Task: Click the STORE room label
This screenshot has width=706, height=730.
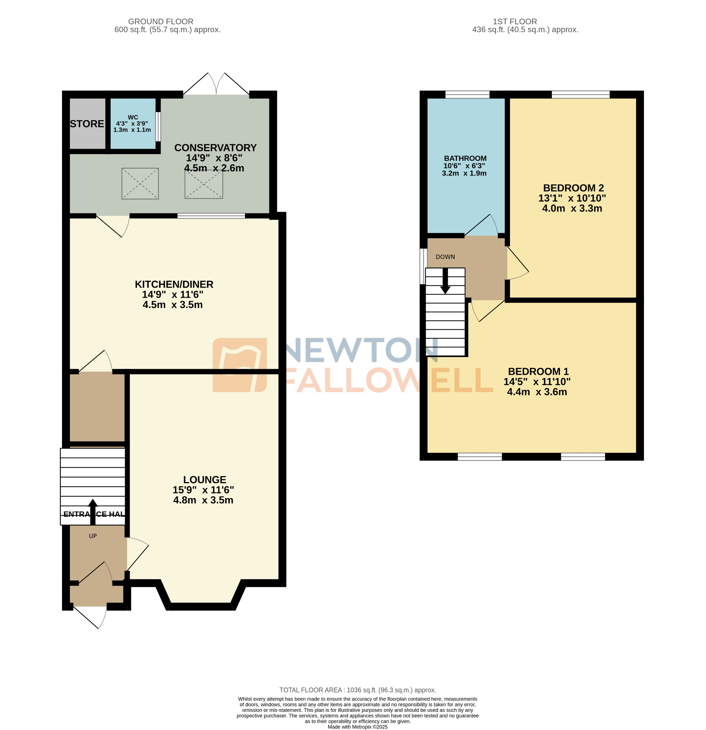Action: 87,124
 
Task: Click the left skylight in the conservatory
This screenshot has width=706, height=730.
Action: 140,183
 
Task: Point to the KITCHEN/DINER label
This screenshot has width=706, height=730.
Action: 174,284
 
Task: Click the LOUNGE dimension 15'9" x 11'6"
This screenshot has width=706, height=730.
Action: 203,490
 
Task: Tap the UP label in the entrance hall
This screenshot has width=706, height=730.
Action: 93,536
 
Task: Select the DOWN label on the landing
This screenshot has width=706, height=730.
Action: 445,257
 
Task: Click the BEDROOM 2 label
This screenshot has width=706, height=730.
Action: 573,188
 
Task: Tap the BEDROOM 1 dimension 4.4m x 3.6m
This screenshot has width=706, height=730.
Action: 537,392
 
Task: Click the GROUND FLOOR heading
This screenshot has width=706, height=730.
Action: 160,22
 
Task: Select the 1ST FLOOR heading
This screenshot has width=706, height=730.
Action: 515,22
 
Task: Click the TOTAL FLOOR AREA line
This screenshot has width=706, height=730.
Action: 357,690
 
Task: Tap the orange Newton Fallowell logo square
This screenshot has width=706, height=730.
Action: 239,365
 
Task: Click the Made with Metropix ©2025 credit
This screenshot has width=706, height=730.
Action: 357,727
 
